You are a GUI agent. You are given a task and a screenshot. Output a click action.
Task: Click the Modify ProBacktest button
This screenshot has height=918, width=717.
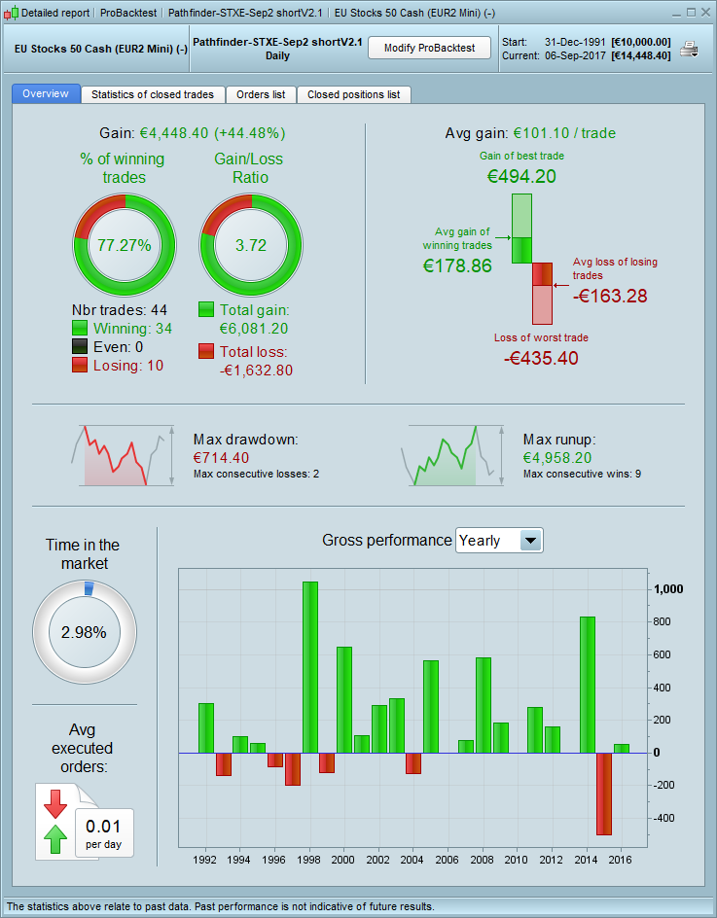(x=429, y=48)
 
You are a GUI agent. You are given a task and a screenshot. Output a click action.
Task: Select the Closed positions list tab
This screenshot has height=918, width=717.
(x=353, y=94)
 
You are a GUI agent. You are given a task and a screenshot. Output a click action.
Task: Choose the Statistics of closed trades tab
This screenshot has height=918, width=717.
(x=153, y=94)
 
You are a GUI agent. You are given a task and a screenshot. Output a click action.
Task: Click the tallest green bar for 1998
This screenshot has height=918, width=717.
(x=310, y=667)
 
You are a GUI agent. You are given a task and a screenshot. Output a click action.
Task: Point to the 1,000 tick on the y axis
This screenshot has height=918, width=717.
(x=668, y=589)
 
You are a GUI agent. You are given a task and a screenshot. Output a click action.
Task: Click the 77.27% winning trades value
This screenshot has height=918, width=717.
(x=124, y=245)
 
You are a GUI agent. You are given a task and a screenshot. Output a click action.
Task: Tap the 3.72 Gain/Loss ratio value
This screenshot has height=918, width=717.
(x=250, y=245)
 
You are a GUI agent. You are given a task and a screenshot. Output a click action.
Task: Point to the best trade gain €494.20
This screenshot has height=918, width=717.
(x=521, y=176)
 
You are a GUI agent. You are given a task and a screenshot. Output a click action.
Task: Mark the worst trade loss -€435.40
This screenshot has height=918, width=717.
(x=541, y=358)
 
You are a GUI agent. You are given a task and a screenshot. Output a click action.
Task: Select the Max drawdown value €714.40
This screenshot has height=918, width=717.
(x=221, y=457)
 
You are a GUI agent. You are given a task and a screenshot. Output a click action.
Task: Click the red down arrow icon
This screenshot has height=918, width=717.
(x=55, y=803)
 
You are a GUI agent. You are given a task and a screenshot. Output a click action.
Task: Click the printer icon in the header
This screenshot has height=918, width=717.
(x=689, y=50)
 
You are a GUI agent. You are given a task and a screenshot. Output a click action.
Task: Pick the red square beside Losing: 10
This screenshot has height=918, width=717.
(x=81, y=366)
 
